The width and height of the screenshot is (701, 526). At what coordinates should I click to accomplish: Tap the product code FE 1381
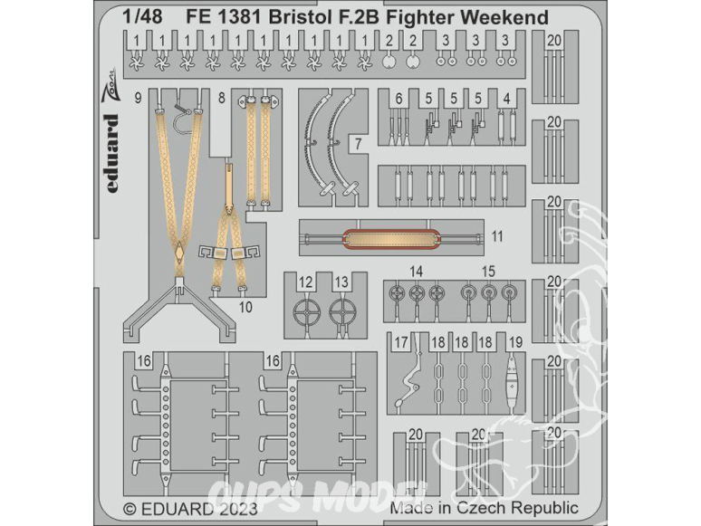(224, 17)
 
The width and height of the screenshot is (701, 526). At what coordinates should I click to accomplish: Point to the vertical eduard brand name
(111, 153)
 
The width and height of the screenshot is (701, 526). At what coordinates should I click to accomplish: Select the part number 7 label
(358, 143)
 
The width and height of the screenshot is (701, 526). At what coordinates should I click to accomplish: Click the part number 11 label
(497, 236)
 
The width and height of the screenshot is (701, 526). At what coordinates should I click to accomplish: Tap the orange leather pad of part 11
(390, 238)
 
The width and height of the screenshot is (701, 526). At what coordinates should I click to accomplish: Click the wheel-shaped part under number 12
(306, 312)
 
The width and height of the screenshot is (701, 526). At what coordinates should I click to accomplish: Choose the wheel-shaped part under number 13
(343, 312)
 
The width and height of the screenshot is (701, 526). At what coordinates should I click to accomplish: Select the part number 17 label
(400, 343)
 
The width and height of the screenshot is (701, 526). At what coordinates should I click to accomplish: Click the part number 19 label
(515, 343)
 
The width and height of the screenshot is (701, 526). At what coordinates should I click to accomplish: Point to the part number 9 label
(138, 98)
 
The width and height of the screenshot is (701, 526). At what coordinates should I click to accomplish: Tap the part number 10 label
(245, 308)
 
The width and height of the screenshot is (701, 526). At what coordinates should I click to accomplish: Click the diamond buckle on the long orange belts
(178, 252)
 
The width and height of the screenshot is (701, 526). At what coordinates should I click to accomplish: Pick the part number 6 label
(399, 99)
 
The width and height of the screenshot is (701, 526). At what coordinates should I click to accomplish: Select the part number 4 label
(506, 99)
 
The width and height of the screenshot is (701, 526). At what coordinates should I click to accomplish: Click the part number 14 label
(416, 272)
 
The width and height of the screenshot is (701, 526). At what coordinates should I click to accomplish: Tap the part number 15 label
(489, 272)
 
